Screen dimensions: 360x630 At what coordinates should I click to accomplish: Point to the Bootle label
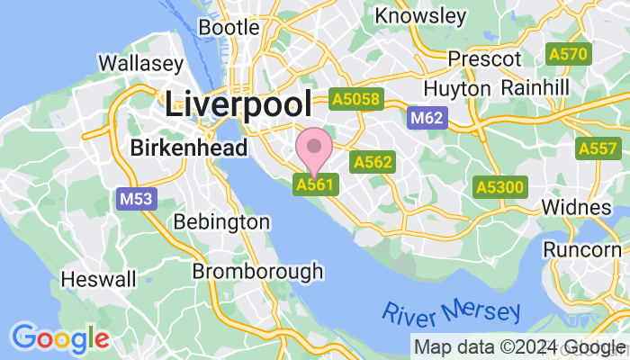tap(229, 27)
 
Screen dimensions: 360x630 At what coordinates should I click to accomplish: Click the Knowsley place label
tap(420, 16)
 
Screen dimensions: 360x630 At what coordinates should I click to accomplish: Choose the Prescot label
tap(484, 58)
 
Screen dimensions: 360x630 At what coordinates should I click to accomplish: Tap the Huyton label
tap(456, 88)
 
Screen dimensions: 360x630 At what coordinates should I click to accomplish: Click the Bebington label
tap(220, 221)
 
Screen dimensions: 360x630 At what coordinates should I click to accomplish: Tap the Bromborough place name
tap(257, 270)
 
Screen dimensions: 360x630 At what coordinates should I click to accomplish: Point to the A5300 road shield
tap(499, 186)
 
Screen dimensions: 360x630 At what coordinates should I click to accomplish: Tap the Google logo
tap(59, 337)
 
